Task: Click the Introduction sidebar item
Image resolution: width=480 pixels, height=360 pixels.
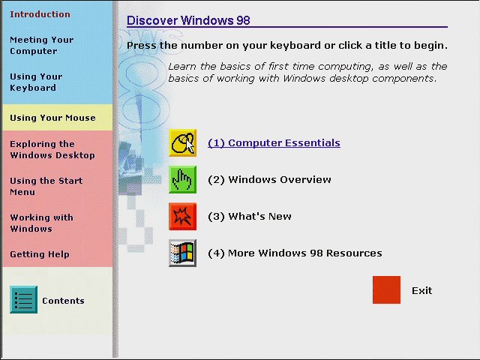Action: pos(40,14)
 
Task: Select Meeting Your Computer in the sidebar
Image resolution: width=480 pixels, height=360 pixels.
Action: pos(42,45)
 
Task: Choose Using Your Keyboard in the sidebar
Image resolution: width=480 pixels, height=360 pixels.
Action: pos(36,82)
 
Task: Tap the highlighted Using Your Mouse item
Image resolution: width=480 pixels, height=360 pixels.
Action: pos(52,118)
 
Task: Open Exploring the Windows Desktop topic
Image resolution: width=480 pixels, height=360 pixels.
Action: pos(52,150)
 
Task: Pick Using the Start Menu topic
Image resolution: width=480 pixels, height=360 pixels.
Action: pos(46,187)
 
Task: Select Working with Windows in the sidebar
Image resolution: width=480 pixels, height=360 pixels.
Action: pos(42,223)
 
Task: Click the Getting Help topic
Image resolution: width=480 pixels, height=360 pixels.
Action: pos(40,254)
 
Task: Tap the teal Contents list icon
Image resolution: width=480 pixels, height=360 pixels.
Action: pos(23,300)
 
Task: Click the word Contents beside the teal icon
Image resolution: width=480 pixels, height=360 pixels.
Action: pos(63,301)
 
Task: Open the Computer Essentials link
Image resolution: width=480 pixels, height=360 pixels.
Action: pos(274,143)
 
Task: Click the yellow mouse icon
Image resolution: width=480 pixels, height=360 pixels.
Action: pos(182,143)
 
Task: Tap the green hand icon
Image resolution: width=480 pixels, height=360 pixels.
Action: pos(182,180)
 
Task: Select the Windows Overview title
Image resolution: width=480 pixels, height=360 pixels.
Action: pos(269,180)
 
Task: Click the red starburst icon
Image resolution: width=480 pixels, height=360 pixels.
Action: pos(182,217)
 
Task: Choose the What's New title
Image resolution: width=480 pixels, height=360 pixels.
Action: pos(250,217)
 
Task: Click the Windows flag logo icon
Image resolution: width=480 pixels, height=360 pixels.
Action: pos(182,253)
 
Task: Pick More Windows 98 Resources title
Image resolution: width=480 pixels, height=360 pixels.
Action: pos(295,253)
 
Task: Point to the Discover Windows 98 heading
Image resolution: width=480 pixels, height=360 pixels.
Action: pos(188,20)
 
